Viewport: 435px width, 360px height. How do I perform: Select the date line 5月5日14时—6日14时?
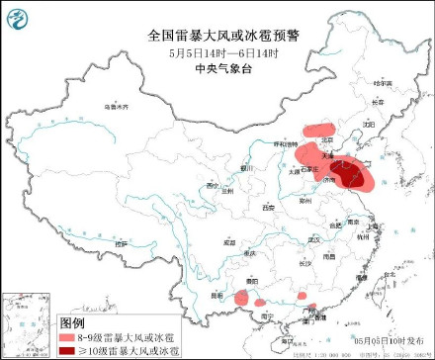217,50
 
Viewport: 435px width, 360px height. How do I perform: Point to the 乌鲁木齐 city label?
118,105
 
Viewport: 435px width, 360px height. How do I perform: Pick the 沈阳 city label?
368,126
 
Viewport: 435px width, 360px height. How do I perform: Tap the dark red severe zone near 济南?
345,175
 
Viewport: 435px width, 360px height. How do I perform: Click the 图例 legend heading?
71,323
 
